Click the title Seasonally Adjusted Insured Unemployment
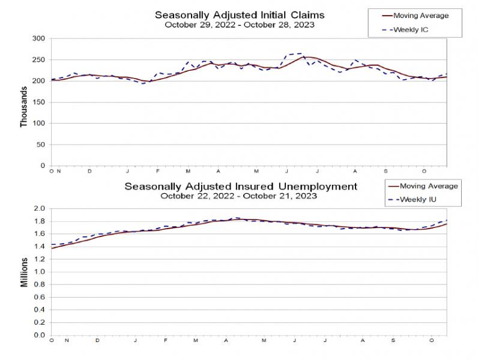(241, 186)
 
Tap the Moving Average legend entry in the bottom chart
(420, 187)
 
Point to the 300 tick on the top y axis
(39, 38)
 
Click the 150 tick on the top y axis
(39, 102)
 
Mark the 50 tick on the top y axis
(41, 145)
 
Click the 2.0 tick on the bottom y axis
(40, 208)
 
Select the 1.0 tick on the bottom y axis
(40, 272)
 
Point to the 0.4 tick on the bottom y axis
(40, 310)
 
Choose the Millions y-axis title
(24, 272)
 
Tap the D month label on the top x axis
(89, 172)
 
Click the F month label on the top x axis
(157, 172)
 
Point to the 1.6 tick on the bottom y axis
(40, 233)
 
